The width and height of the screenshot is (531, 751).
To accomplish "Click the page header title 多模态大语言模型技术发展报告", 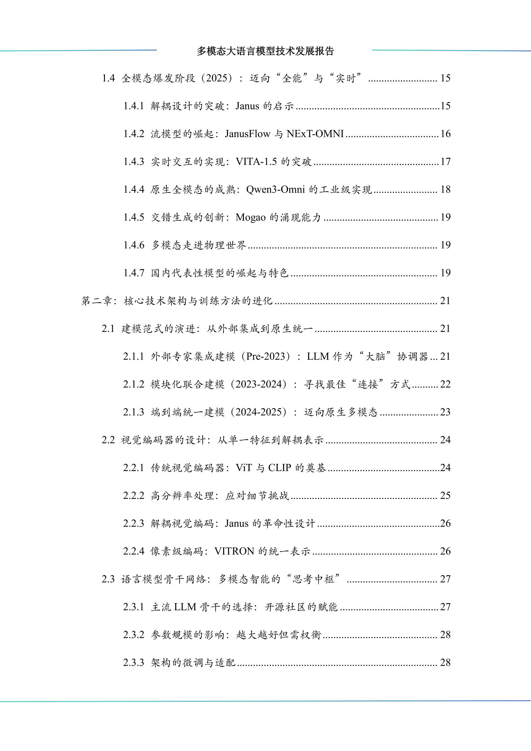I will [265, 51].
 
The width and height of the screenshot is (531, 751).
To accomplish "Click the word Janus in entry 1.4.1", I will [247, 106].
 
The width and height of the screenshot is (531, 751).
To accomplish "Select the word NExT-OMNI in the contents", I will [315, 134].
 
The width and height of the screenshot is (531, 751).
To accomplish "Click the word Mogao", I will [250, 217].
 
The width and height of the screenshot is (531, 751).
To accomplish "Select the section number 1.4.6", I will [134, 245].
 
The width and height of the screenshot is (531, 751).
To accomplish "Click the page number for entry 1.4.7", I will [445, 273].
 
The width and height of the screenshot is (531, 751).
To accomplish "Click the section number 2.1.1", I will [134, 356].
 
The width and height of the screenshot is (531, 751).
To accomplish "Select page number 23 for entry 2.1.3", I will [445, 412].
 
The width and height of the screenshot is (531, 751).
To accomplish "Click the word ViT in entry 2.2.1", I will [244, 468].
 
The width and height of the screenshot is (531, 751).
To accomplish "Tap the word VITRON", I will [234, 551].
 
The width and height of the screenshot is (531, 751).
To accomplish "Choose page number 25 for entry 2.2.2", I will [445, 496].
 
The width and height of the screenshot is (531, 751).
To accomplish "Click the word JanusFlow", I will [247, 134].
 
